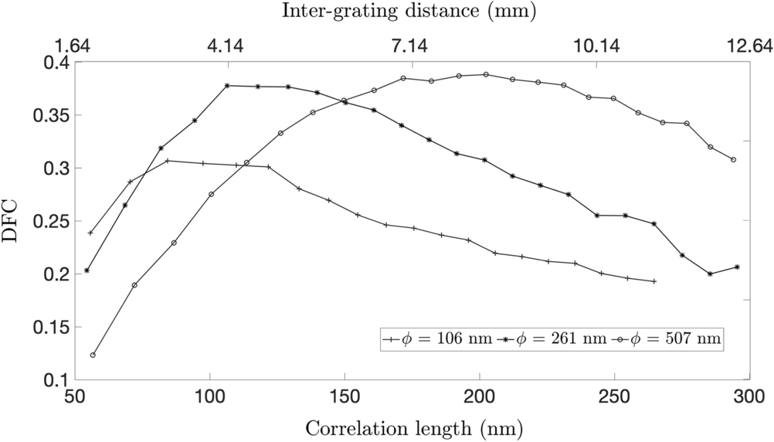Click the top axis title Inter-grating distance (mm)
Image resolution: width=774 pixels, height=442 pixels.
point(409,11)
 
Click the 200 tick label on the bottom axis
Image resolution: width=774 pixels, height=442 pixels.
point(479,396)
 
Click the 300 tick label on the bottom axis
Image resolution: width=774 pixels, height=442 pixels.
point(748,396)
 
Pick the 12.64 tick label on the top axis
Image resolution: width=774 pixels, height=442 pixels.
point(745,46)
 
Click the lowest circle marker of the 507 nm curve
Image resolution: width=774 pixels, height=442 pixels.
point(93,355)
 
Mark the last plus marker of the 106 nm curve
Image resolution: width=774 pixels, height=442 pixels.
point(654,281)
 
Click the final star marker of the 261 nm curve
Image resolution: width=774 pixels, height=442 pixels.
point(737,267)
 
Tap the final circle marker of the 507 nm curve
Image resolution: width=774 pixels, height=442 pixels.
point(733,160)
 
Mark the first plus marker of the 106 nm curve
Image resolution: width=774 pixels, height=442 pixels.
point(90,233)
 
